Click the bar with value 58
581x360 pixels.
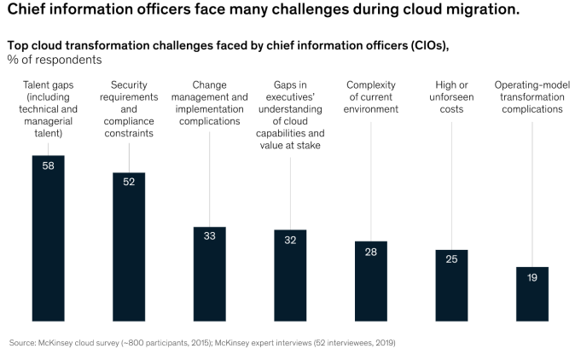click(x=48, y=239)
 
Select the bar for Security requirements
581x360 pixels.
click(x=129, y=247)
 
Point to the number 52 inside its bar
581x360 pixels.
click(x=129, y=182)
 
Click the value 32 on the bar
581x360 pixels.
click(x=290, y=240)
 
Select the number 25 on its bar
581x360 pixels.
click(x=451, y=259)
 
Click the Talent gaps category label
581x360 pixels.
click(x=48, y=109)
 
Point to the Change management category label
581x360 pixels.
click(x=209, y=103)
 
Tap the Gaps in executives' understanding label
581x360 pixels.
click(x=290, y=115)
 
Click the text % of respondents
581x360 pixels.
click(x=55, y=60)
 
